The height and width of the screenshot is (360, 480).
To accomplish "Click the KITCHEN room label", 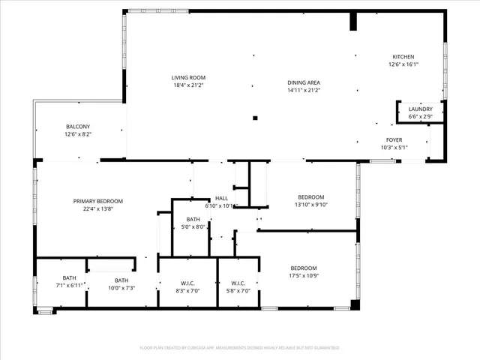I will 403,57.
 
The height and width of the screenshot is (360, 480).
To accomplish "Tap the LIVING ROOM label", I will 188,77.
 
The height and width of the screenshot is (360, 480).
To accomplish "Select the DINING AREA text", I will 304,82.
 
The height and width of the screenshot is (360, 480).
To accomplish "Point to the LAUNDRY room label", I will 420,109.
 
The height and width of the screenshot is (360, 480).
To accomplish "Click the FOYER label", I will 394,139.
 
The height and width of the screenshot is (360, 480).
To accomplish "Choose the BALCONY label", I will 78,126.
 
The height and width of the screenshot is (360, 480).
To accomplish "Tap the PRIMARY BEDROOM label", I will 98,201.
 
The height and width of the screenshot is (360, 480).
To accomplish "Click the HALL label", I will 221,198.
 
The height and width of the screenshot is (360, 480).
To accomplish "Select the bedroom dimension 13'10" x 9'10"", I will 311,204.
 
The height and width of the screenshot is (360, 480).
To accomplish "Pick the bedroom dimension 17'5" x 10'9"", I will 304,276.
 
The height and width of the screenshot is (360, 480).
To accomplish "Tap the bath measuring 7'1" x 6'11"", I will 69,285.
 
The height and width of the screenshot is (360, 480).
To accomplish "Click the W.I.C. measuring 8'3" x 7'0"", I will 188,290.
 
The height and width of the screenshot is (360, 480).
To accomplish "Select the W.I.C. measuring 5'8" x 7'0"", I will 238,290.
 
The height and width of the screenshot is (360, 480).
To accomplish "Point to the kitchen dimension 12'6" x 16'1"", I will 403,64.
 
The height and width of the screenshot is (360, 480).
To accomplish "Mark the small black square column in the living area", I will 255,118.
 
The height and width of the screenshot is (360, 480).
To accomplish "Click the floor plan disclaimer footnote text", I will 240,348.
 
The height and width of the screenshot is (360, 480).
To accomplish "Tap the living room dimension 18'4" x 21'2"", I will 188,85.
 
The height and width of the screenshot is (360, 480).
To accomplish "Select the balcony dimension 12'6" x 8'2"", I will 78,134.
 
